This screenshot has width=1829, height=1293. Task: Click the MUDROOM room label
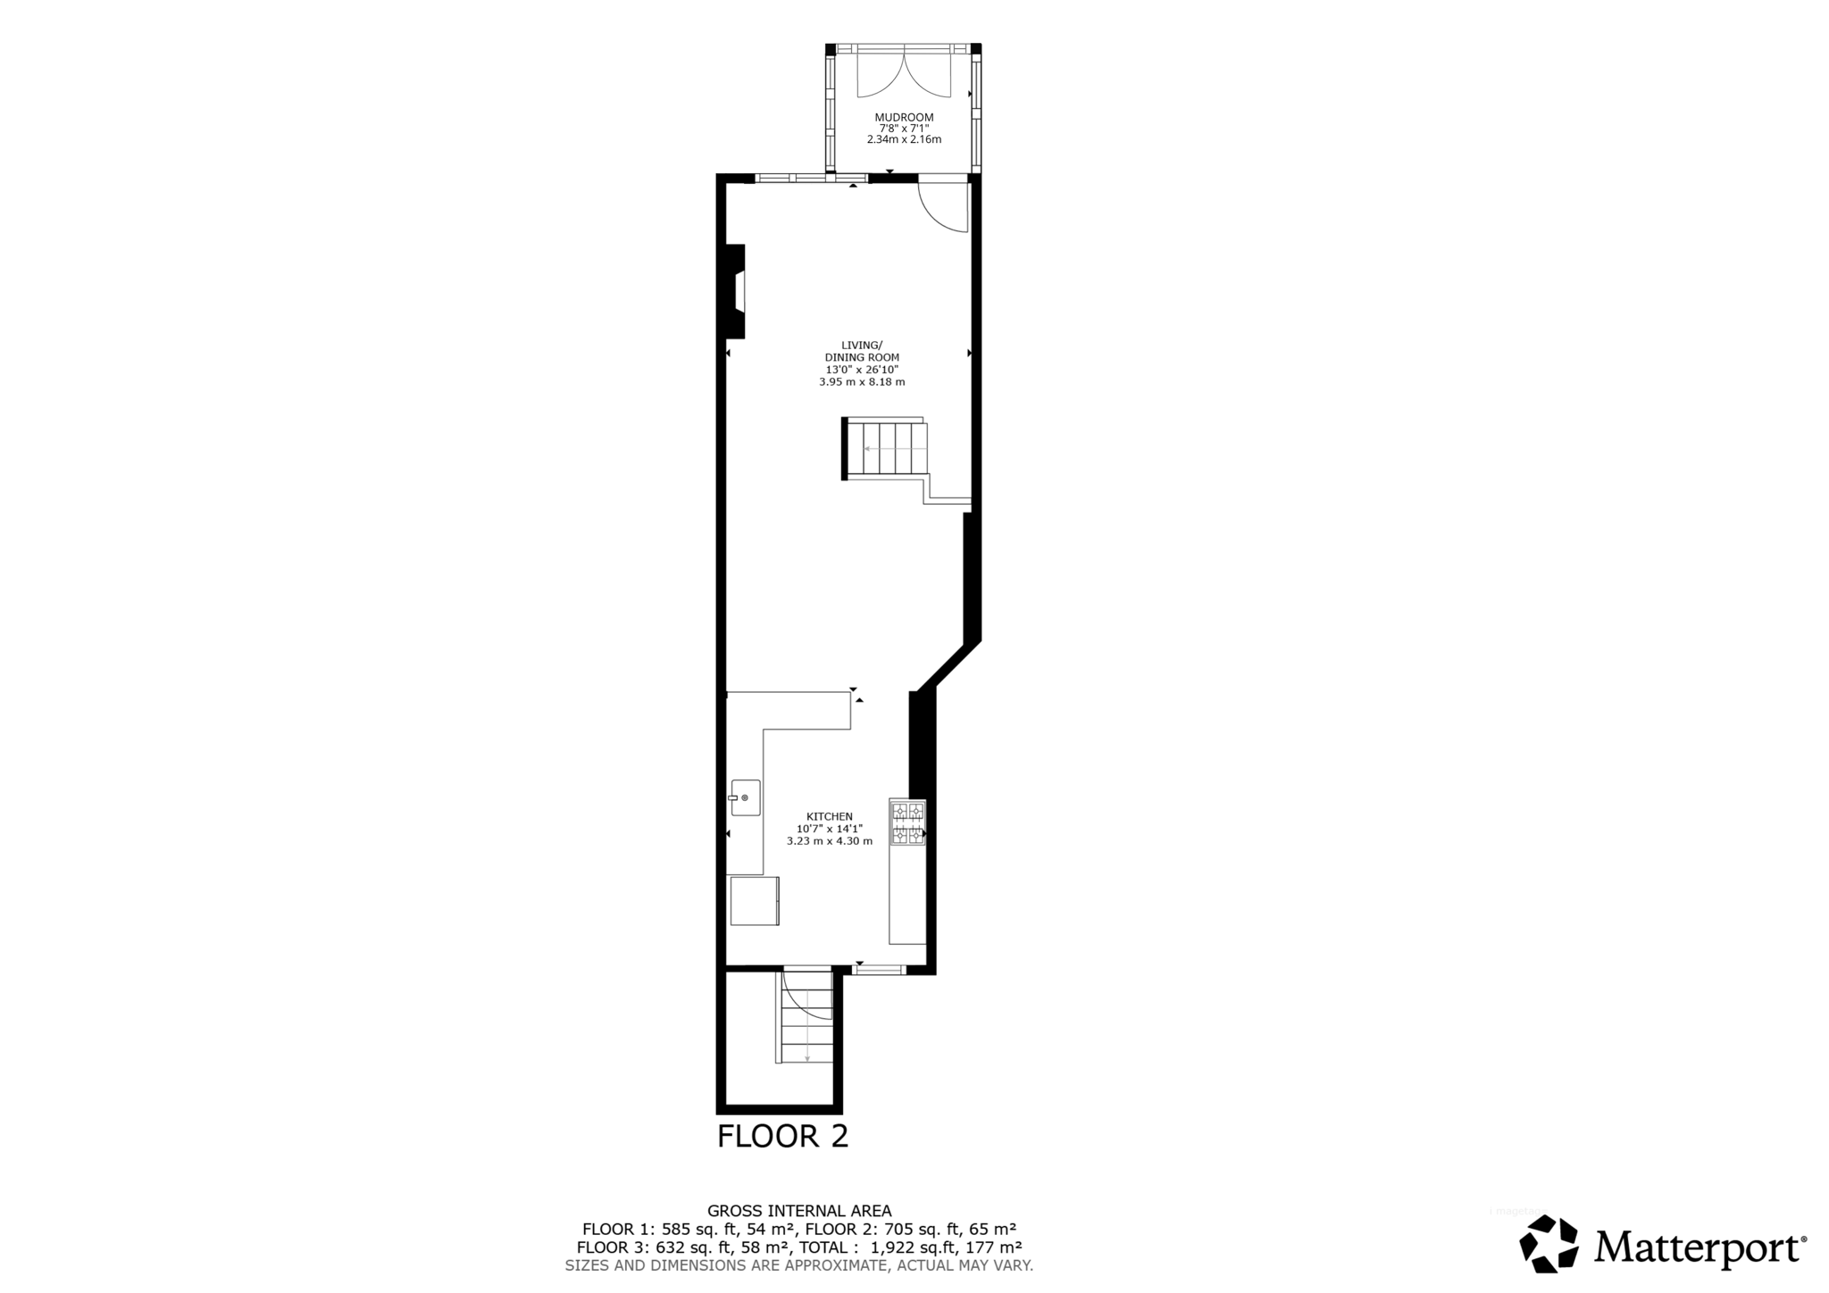(904, 117)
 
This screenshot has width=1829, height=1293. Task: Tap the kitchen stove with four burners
(907, 823)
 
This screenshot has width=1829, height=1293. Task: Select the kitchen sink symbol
(745, 797)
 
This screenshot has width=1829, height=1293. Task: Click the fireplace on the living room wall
(736, 291)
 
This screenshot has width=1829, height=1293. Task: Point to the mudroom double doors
(904, 75)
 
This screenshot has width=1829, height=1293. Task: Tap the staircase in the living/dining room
(887, 448)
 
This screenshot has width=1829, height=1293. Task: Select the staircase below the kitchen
(806, 1027)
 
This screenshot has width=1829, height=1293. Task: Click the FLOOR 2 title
(782, 1137)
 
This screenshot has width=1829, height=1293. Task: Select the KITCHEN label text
(830, 816)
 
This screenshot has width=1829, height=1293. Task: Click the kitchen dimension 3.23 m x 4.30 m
(830, 841)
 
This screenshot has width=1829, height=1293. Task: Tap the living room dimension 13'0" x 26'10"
(862, 370)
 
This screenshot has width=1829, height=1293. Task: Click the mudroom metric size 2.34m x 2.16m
(904, 140)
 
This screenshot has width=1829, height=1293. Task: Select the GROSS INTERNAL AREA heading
(799, 1211)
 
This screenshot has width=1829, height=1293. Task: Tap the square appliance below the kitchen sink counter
(755, 901)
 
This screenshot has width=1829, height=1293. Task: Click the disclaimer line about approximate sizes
(799, 1265)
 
